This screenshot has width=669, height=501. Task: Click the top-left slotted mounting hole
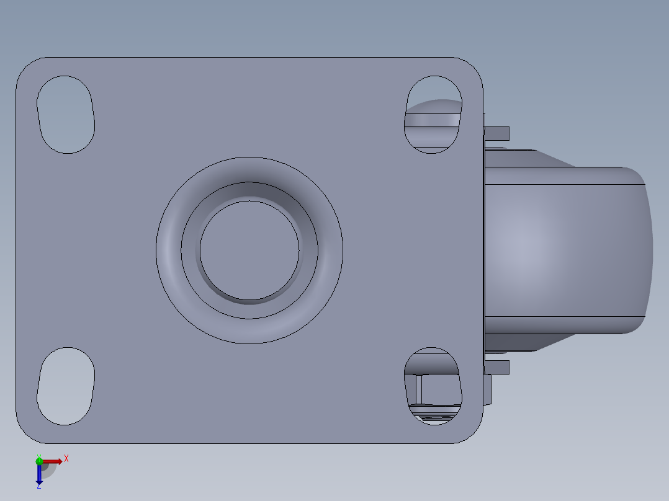(66, 115)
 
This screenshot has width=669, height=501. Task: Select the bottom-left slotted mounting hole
(66, 386)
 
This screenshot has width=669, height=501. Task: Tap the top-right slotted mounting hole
(433, 115)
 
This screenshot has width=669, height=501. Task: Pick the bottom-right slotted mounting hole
(433, 386)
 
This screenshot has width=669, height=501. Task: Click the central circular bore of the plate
(249, 249)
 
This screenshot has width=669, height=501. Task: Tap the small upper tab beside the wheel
(497, 133)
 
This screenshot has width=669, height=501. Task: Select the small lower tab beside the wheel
(497, 367)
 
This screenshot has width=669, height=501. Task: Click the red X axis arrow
(53, 461)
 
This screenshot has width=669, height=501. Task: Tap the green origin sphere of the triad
(39, 461)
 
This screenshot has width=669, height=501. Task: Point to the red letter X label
(66, 459)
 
